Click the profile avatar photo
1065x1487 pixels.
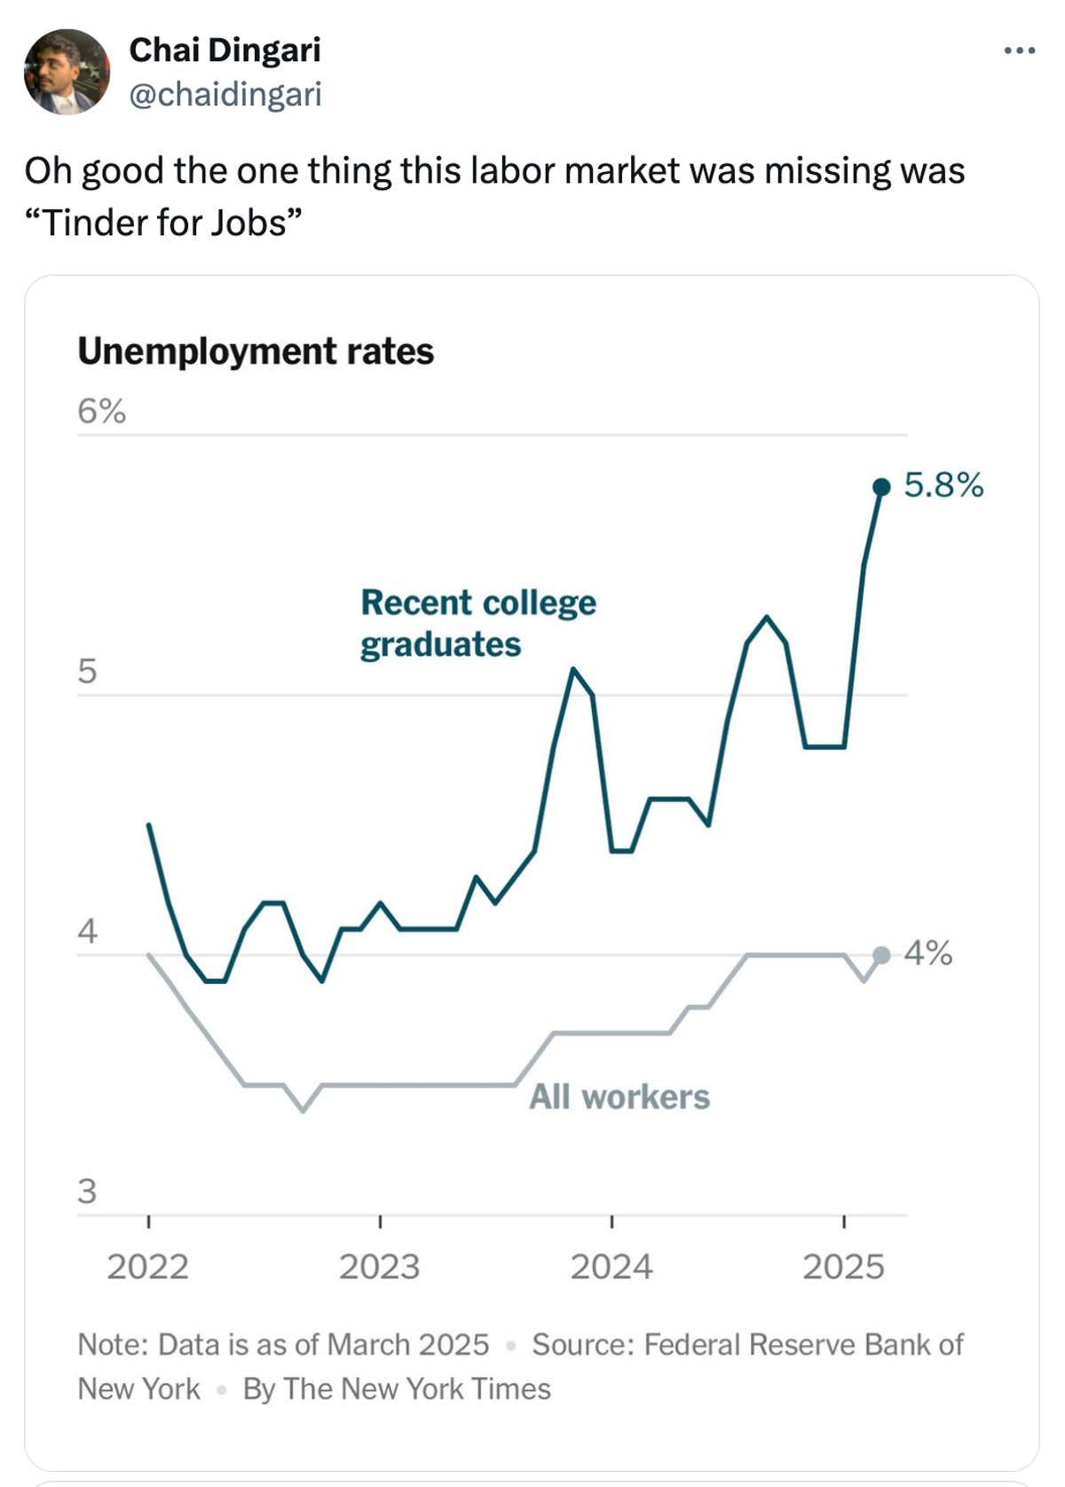pyautogui.click(x=67, y=72)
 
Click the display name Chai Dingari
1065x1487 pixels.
pyautogui.click(x=225, y=50)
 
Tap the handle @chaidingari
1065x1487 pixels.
pyautogui.click(x=225, y=94)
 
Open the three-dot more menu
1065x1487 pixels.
pyautogui.click(x=1019, y=51)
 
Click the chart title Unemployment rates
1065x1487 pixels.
pyautogui.click(x=256, y=351)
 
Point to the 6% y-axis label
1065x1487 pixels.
pyautogui.click(x=101, y=411)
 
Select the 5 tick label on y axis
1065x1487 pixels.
pyautogui.click(x=87, y=671)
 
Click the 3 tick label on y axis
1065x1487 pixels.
pyautogui.click(x=87, y=1191)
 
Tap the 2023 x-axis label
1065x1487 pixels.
pyautogui.click(x=379, y=1266)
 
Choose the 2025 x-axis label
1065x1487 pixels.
pyautogui.click(x=843, y=1266)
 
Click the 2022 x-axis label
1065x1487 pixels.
pyautogui.click(x=148, y=1266)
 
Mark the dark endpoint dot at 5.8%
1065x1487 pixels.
pyautogui.click(x=881, y=486)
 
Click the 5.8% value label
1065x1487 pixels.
pyautogui.click(x=943, y=484)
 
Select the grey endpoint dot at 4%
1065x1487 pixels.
pyautogui.click(x=881, y=955)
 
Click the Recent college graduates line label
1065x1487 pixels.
pyautogui.click(x=477, y=623)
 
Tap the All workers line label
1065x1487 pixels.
pyautogui.click(x=619, y=1097)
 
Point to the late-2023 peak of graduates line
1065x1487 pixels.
pyautogui.click(x=573, y=669)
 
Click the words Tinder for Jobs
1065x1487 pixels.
pyautogui.click(x=164, y=222)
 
